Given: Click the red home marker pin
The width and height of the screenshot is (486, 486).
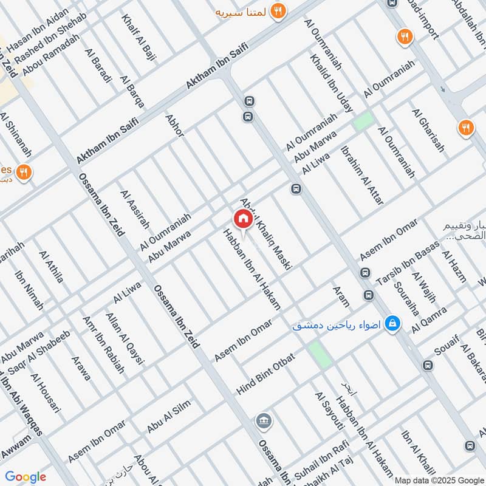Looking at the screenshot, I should pyautogui.click(x=243, y=219).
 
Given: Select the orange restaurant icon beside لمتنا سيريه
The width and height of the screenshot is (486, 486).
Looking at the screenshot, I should pyautogui.click(x=278, y=10).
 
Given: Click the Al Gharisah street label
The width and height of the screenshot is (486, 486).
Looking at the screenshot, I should pyautogui.click(x=428, y=131).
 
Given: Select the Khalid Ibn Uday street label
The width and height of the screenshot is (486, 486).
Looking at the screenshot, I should pyautogui.click(x=331, y=83).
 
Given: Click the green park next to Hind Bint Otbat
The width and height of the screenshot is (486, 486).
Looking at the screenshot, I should pyautogui.click(x=318, y=355).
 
